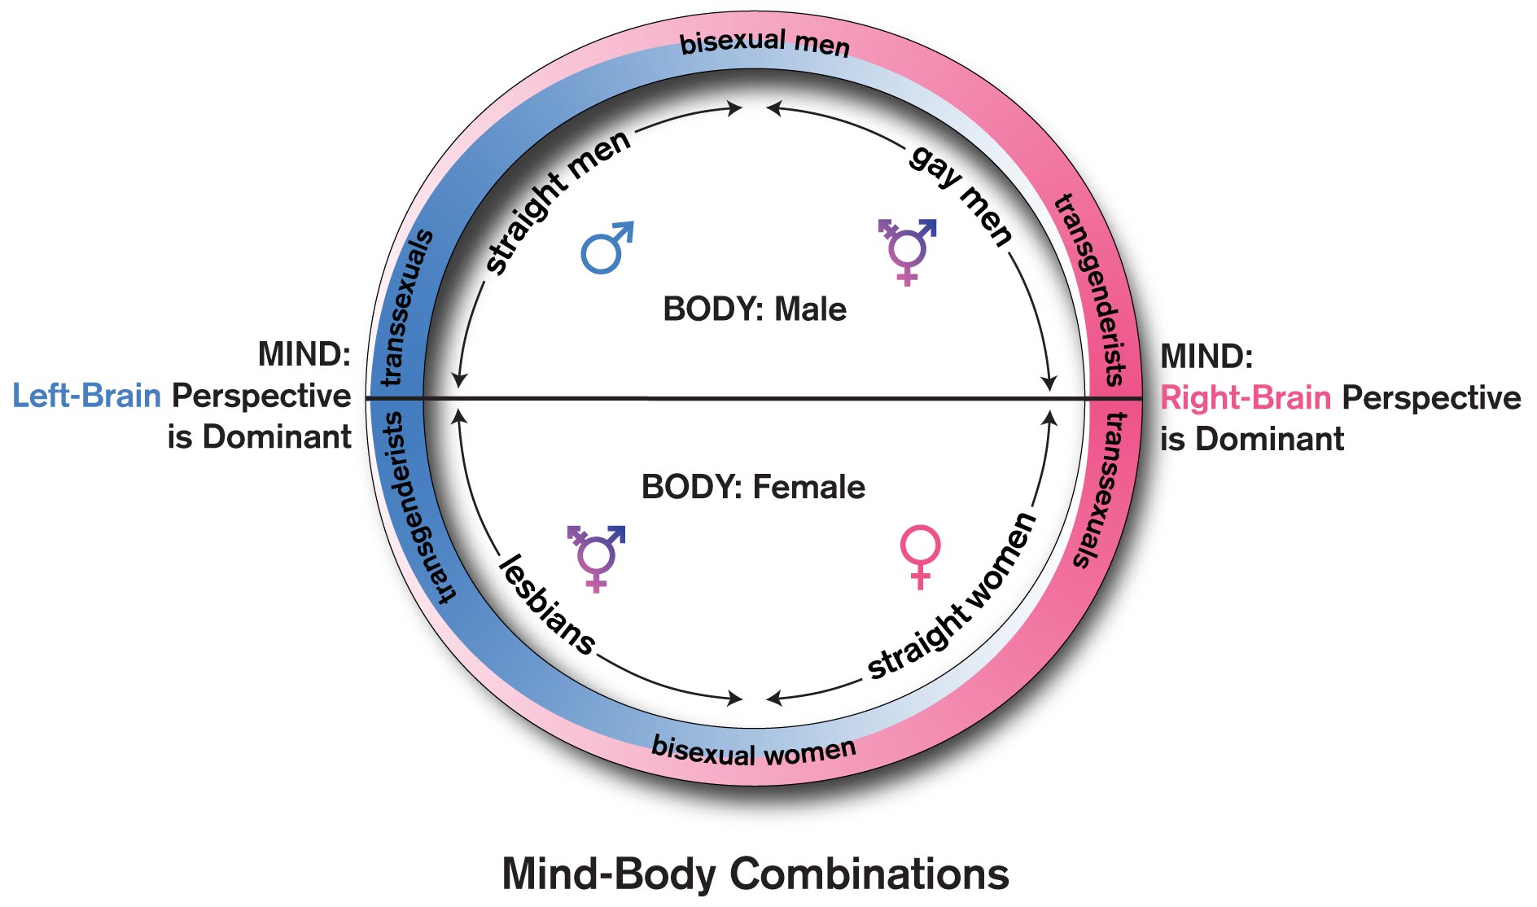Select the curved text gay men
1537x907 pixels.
pyautogui.click(x=961, y=195)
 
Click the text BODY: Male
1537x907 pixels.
pyautogui.click(x=755, y=309)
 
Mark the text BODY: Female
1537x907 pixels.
pyautogui.click(x=753, y=487)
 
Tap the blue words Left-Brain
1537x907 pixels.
pyautogui.click(x=86, y=396)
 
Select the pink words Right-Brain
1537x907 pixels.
pyautogui.click(x=1246, y=398)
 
